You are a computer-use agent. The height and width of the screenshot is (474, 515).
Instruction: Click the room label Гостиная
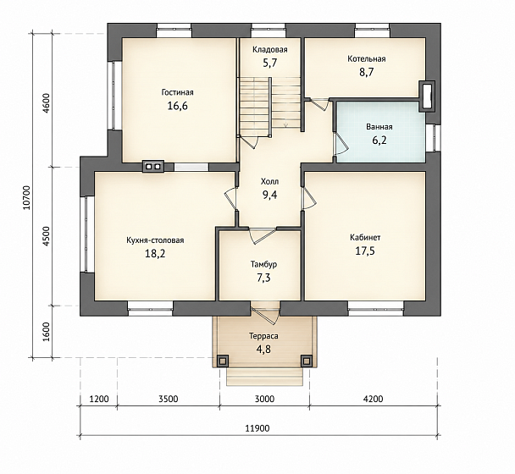coord(177,92)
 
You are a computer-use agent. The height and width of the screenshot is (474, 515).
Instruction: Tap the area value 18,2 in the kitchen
coord(155,253)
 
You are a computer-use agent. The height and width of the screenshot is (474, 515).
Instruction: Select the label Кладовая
coord(270,50)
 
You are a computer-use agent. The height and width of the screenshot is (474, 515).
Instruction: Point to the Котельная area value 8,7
coord(366,72)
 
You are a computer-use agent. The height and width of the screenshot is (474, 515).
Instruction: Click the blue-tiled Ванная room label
coord(379,127)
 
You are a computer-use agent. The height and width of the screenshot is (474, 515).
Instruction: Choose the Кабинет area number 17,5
coord(365,251)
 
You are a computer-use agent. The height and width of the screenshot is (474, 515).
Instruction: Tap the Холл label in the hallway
coord(269,181)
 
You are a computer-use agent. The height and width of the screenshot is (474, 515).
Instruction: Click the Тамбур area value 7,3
coord(263,278)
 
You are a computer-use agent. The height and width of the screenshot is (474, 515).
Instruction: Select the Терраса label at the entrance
coord(263,336)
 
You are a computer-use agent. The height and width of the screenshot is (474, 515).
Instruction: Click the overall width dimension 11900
coord(257,428)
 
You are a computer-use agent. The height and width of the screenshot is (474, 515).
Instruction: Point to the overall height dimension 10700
coord(27,197)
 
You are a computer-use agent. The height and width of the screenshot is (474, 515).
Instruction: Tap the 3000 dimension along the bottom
coord(264,399)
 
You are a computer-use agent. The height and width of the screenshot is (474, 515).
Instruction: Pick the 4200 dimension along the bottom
coord(373,399)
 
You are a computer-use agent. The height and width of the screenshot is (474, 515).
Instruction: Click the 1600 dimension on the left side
coord(46,332)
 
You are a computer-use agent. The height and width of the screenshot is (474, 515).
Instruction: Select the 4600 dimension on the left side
coord(46,103)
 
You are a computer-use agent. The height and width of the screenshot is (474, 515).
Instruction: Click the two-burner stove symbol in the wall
coord(153,167)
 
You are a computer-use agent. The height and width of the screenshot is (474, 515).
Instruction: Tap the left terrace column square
coord(223,361)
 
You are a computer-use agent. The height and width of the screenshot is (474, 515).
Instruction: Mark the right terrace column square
coord(306,361)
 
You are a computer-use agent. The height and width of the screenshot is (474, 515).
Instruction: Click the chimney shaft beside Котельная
coord(427,96)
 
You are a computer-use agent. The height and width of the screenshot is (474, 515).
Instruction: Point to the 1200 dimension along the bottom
coord(99,399)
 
